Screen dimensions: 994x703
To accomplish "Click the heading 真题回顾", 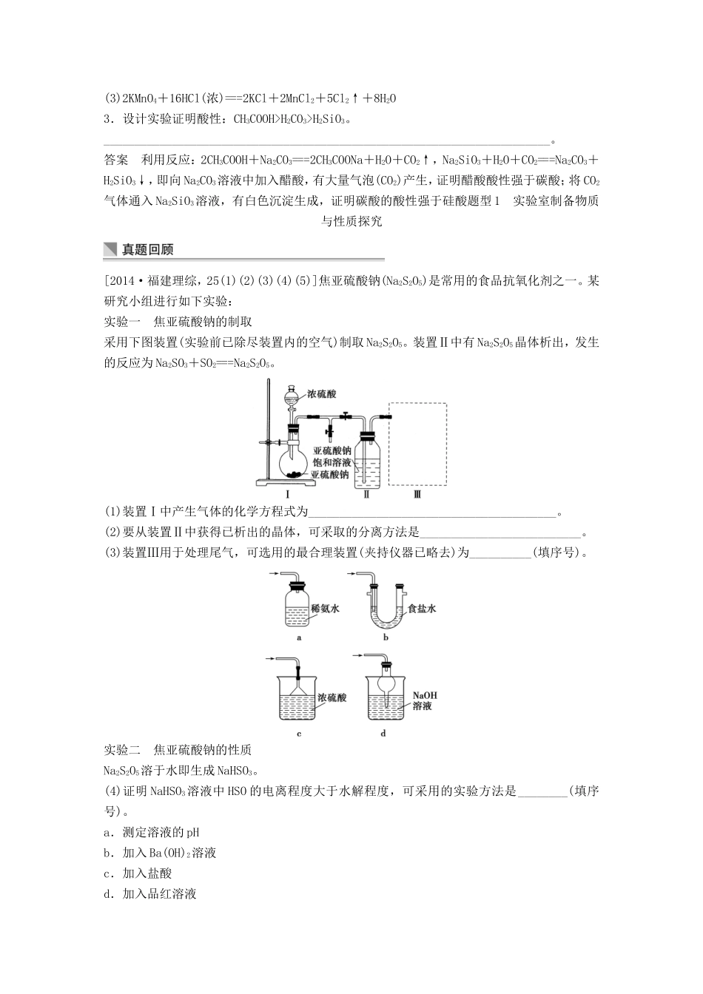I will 147,250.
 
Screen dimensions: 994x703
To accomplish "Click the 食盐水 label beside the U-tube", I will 422,609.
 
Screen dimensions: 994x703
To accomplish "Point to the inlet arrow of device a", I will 272,575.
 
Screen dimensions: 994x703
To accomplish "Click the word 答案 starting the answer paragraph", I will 117,160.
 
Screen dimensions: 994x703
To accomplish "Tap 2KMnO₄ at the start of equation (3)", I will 132,98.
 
